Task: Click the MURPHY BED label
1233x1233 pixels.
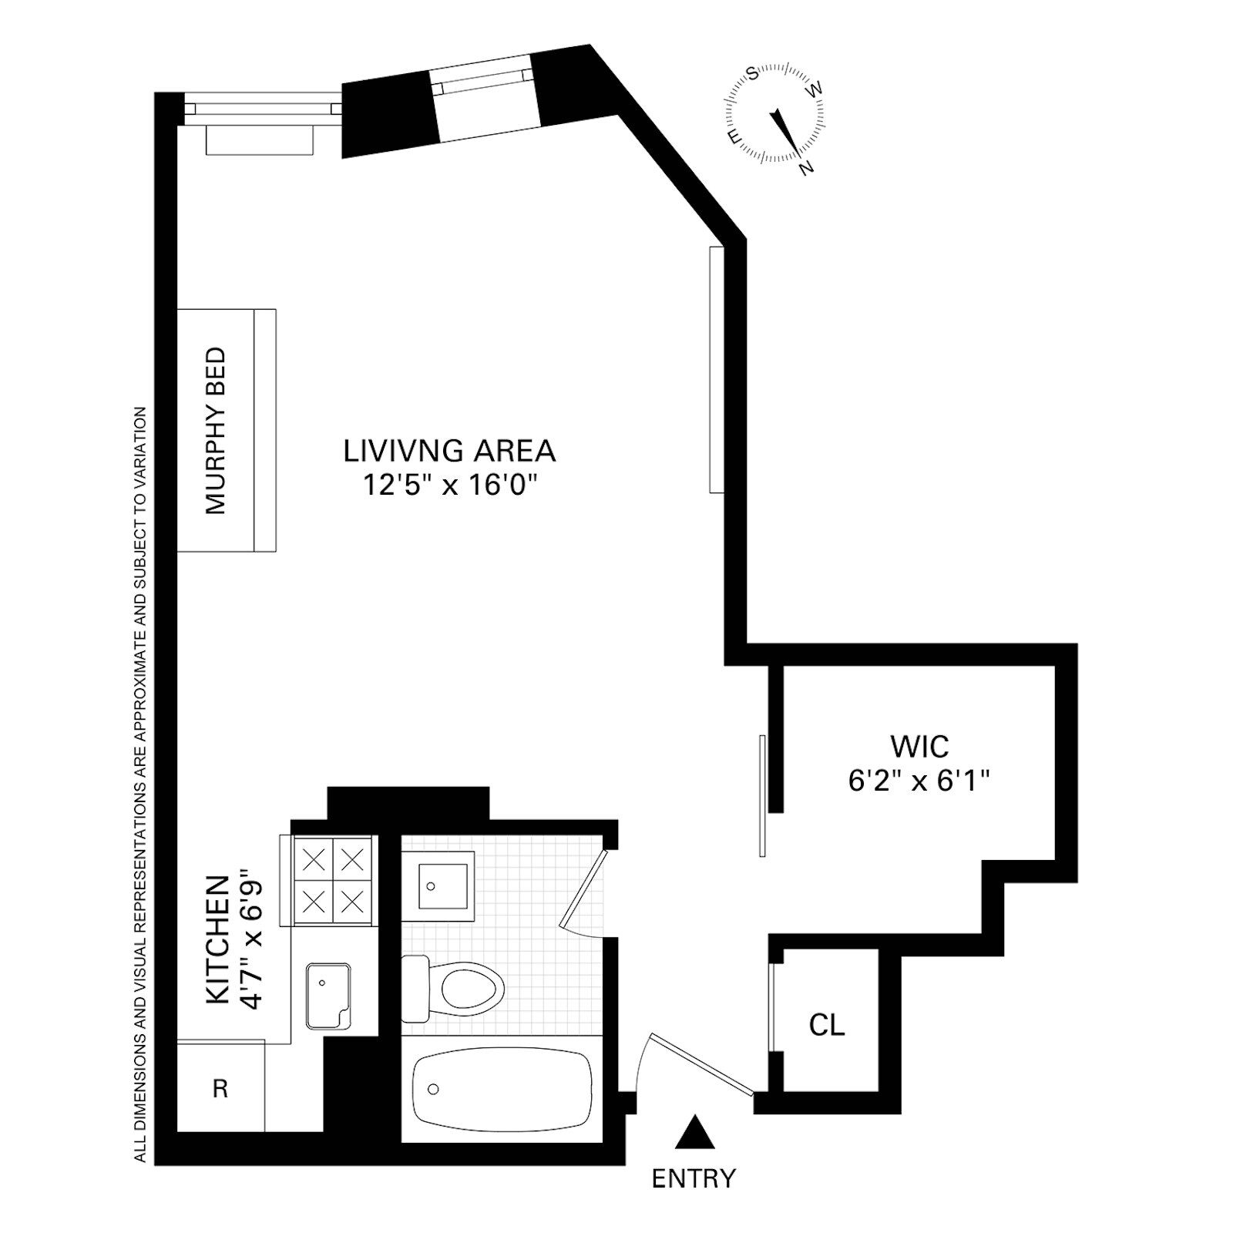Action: click(216, 430)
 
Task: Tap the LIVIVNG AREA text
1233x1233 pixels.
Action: click(449, 451)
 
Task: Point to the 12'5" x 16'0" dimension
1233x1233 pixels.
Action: click(449, 485)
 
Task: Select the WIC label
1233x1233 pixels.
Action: click(919, 746)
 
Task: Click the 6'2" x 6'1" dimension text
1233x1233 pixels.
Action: click(919, 781)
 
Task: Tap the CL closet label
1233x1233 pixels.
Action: click(827, 1025)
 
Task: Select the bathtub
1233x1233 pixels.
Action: click(502, 1089)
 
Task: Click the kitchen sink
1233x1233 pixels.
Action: click(328, 996)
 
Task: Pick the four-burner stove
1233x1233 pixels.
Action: click(333, 880)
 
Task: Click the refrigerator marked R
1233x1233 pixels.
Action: click(220, 1087)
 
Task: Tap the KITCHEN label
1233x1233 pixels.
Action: click(218, 939)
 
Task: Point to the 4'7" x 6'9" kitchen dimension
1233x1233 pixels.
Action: click(252, 939)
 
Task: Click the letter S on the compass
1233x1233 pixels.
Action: click(753, 74)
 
